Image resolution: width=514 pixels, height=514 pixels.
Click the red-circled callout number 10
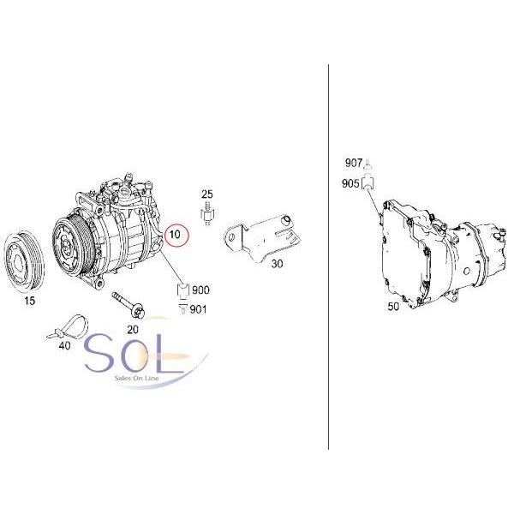tap(175, 234)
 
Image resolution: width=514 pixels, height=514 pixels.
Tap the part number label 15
tap(29, 302)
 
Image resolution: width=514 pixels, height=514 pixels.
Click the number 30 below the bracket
tap(277, 264)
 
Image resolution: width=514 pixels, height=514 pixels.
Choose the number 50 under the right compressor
tap(392, 306)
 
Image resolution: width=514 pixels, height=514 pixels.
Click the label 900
tap(201, 290)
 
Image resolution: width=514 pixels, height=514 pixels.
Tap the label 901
tap(198, 309)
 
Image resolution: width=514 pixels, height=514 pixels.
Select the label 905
tap(350, 182)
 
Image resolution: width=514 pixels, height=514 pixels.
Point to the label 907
tap(354, 163)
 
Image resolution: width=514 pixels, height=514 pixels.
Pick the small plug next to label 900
tap(182, 290)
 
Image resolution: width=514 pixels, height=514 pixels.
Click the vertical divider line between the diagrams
tap(329, 257)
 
